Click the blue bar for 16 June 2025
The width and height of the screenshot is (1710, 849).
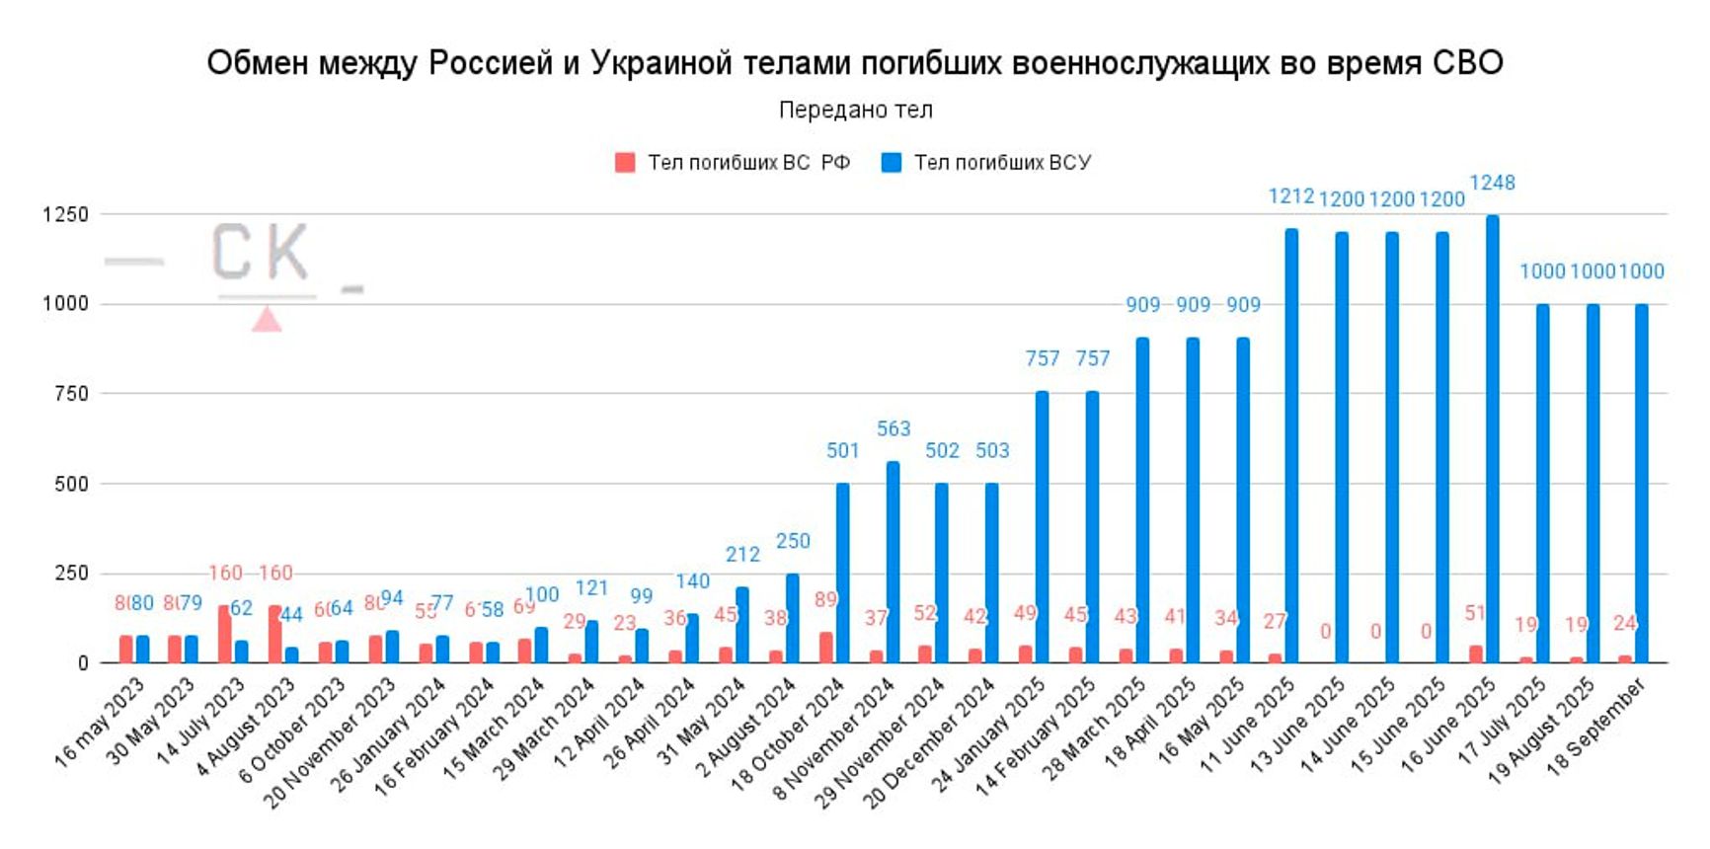(1492, 439)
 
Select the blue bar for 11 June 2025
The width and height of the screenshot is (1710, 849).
(1291, 446)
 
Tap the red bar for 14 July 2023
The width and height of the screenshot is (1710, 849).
(225, 634)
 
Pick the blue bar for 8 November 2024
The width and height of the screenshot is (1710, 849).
(893, 562)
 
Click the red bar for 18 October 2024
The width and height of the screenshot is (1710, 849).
(825, 647)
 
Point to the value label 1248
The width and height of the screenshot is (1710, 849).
(1492, 183)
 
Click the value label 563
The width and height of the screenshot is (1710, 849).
(894, 428)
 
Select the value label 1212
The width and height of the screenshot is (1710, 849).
(1290, 196)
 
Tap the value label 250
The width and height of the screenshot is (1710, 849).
(793, 541)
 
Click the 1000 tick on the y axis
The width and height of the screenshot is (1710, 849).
(65, 304)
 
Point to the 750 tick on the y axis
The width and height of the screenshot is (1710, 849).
(72, 394)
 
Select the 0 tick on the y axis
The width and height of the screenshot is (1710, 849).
(83, 663)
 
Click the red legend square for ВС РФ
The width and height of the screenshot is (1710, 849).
(625, 163)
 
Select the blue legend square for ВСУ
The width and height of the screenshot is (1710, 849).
(892, 163)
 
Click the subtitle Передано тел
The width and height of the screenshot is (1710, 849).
(855, 110)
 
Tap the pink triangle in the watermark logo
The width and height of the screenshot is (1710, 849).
(267, 320)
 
